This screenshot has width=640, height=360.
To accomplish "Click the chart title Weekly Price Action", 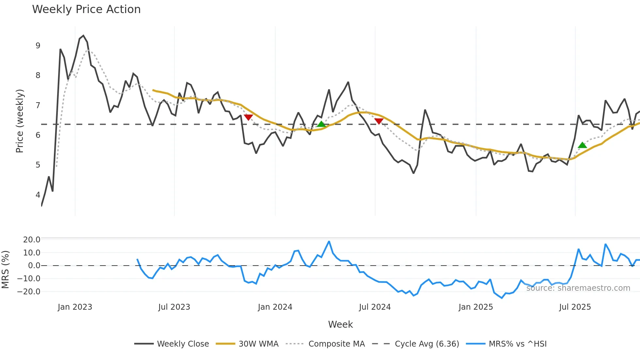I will [x=86, y=9].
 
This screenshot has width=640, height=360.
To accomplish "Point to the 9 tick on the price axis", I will [x=38, y=46].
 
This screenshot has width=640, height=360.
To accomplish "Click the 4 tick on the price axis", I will [x=38, y=195].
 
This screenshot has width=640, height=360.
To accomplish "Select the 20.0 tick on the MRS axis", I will [x=31, y=240].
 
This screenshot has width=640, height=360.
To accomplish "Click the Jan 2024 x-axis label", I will [x=275, y=307].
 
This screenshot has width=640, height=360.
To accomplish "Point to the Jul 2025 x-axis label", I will [x=575, y=307].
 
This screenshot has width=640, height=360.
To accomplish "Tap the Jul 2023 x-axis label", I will [x=174, y=307].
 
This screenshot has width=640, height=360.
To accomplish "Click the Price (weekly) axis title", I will [x=20, y=121].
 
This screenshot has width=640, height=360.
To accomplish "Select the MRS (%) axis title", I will [x=5, y=270].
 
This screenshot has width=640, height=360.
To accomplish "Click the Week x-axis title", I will [x=340, y=324].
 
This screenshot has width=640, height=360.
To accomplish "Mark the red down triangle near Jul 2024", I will [x=379, y=121].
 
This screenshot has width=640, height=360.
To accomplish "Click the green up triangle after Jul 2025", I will [x=582, y=145].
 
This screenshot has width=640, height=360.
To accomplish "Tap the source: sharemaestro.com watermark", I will [x=578, y=288].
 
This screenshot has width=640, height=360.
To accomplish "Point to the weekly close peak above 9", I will [x=83, y=36].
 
